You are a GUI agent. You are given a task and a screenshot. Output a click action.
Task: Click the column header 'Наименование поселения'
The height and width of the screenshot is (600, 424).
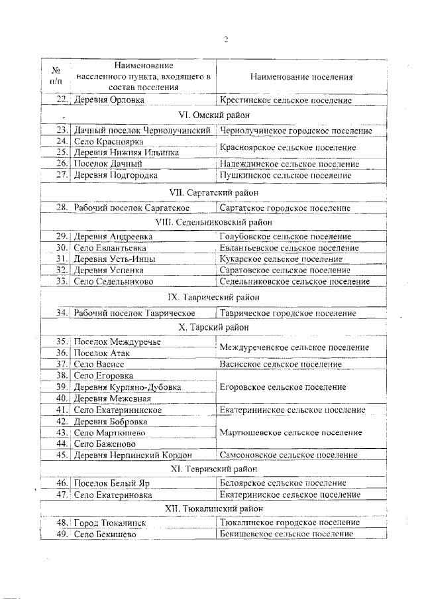pyautogui.click(x=301, y=77)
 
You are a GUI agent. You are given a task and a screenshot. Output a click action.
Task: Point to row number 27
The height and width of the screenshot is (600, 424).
pyautogui.click(x=63, y=175)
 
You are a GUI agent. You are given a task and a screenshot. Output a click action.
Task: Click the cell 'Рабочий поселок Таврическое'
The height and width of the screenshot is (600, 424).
pyautogui.click(x=134, y=313)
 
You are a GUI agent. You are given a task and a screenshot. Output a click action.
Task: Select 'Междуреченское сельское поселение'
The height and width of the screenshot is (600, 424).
pyautogui.click(x=294, y=347)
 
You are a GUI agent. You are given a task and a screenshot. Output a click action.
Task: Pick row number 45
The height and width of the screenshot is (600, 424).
pyautogui.click(x=63, y=455)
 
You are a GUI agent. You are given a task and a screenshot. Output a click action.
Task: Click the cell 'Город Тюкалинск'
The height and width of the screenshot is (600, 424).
pyautogui.click(x=109, y=523)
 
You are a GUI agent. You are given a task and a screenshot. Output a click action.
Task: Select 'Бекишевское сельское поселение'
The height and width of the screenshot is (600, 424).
pyautogui.click(x=285, y=534)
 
